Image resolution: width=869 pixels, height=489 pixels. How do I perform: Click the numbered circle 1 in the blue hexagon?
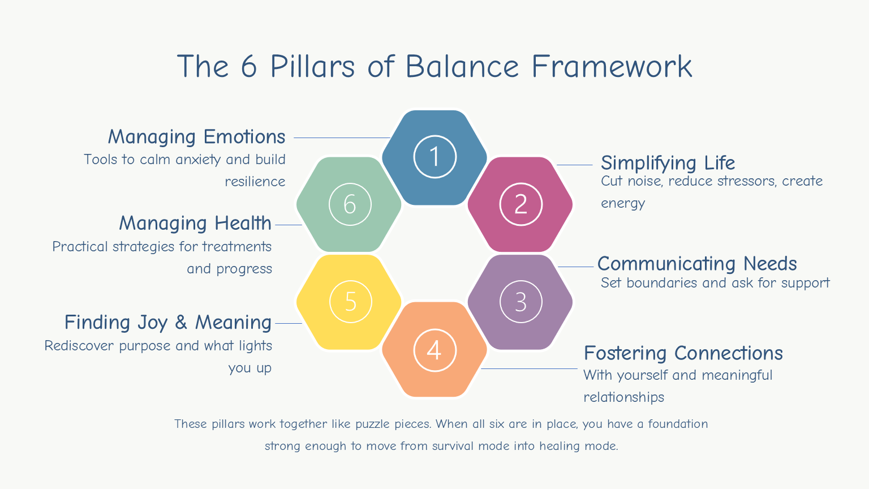coord(434,157)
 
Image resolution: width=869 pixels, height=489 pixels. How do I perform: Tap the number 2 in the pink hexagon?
coord(520,204)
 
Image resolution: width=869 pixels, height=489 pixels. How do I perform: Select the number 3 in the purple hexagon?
coord(520,302)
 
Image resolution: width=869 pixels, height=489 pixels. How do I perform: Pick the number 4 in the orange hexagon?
coord(434,350)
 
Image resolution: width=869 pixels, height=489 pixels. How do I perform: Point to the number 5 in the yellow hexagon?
coord(350,302)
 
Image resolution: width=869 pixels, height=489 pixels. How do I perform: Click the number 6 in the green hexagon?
coord(350,204)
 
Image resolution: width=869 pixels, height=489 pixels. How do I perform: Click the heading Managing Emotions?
coord(196,137)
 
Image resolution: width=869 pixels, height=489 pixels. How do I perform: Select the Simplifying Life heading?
coord(668,163)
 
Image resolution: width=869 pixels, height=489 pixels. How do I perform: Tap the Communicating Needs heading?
coord(697,264)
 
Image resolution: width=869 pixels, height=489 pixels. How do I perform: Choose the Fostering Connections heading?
coord(683,353)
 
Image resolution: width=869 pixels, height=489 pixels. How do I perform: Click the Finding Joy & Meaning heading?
coord(168,323)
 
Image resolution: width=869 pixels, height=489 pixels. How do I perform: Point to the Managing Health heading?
coord(195,224)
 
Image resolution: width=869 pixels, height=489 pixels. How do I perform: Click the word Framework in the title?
coord(612,67)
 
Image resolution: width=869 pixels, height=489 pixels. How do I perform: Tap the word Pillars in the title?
coord(313,67)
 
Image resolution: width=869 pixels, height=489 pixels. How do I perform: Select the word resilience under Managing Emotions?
coord(255,182)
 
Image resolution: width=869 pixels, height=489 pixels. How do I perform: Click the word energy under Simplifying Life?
coord(623,204)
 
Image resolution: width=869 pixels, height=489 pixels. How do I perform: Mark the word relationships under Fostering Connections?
coord(623,397)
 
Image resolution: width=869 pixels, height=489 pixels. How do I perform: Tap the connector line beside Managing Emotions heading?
coord(342,138)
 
